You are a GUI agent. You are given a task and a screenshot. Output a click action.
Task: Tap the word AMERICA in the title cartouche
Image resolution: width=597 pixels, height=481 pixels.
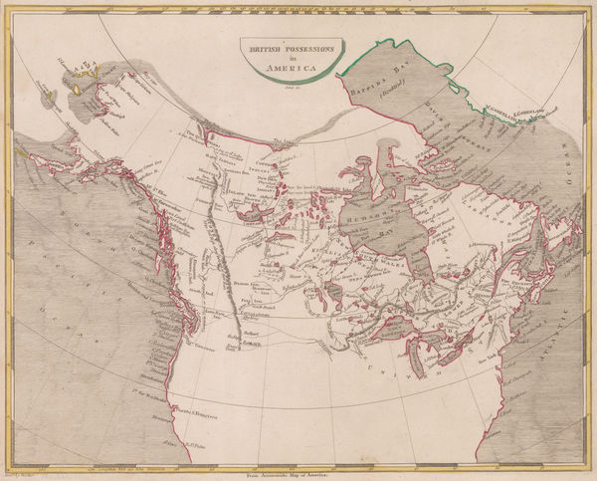click(298, 68)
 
